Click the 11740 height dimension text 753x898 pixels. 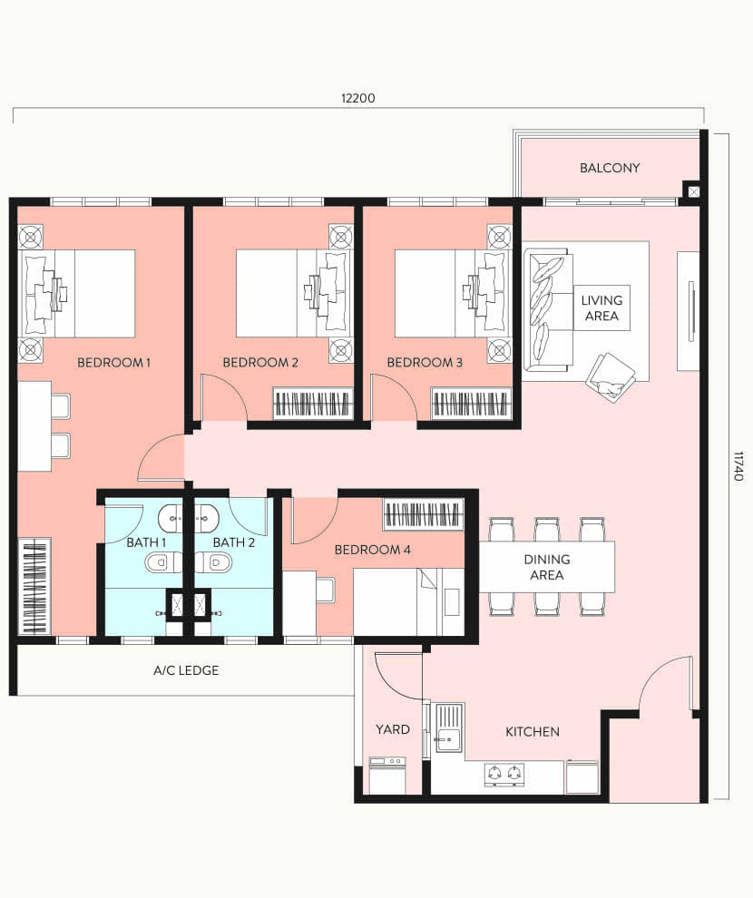point(738,466)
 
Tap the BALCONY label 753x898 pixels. point(610,168)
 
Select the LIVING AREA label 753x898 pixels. point(601,308)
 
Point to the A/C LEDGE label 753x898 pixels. point(186,671)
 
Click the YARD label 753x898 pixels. point(393,729)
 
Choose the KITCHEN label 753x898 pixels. point(533,731)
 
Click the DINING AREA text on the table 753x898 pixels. point(547,567)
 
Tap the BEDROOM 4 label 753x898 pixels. point(372,550)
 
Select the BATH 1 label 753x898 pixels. point(146,542)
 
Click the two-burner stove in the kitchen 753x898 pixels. point(504,774)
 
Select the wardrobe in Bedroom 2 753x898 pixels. point(314,403)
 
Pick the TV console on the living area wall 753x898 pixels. point(689,311)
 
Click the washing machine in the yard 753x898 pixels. point(387,776)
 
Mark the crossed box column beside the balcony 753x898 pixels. point(692,191)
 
